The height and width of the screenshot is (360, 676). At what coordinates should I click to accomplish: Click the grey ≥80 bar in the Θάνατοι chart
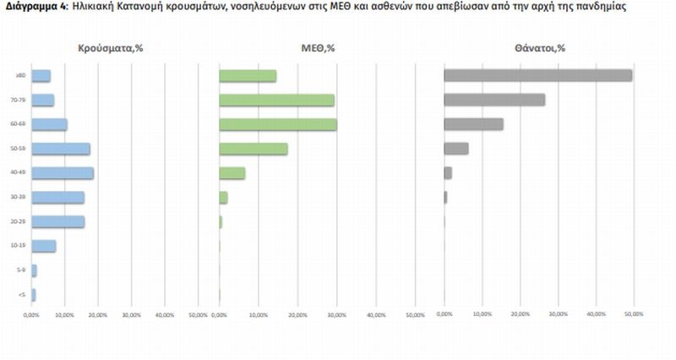pos(537,75)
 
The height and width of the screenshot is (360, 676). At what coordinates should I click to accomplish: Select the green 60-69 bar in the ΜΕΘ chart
pos(277,124)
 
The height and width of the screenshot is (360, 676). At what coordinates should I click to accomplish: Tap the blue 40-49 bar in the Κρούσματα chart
pos(63,172)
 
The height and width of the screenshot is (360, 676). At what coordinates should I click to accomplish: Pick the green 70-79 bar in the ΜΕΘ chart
pos(276,100)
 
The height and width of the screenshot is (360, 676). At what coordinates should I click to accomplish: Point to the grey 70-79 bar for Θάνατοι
pos(494,100)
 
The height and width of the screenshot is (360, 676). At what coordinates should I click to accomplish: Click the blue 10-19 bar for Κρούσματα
pos(44,246)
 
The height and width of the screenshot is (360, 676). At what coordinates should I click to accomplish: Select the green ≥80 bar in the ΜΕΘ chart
pos(248,75)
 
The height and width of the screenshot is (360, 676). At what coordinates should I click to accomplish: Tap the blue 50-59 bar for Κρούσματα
pos(61,149)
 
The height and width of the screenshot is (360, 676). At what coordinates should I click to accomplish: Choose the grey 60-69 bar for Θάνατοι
pos(473,124)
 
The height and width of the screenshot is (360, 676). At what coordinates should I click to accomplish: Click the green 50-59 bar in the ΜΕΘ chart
pos(253,149)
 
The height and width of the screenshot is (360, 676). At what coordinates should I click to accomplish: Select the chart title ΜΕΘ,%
pos(319,47)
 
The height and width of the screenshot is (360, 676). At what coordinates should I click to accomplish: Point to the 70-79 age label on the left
pos(19,100)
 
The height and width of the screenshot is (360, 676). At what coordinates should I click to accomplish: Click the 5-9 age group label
pos(20,270)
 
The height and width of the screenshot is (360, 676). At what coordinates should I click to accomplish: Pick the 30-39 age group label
pos(19,198)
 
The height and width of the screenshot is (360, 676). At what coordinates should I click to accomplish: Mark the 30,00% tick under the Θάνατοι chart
pos(558,314)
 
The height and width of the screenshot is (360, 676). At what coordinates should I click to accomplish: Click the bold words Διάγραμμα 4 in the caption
pos(32,7)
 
